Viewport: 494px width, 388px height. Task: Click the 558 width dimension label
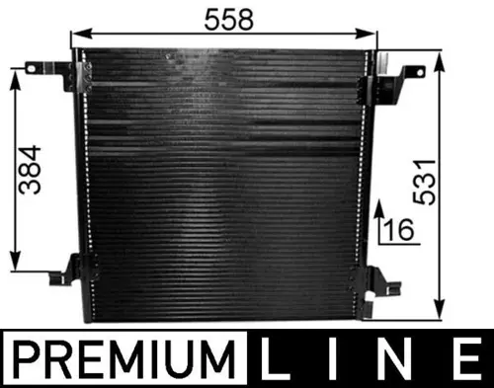click(227, 19)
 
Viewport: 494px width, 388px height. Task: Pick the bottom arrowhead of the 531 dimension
click(443, 309)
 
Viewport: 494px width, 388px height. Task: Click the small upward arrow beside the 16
click(377, 210)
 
